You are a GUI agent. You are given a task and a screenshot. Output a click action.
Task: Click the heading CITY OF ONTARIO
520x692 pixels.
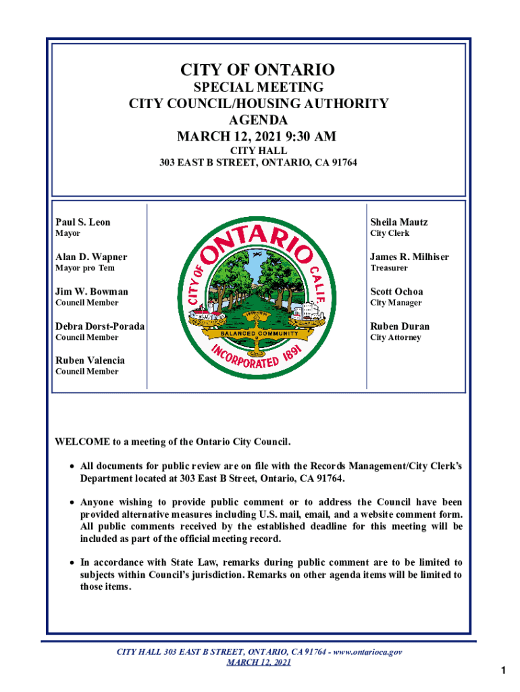click(x=257, y=70)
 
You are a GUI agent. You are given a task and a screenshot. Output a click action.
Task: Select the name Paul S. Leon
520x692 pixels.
click(x=82, y=222)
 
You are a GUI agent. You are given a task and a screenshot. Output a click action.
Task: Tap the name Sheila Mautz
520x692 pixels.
click(x=398, y=222)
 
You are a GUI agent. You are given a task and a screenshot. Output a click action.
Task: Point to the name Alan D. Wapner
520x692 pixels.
click(x=90, y=257)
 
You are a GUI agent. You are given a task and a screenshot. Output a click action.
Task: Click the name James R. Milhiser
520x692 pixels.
click(x=409, y=257)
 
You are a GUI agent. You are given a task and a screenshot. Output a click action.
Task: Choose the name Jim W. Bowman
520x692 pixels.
click(x=91, y=292)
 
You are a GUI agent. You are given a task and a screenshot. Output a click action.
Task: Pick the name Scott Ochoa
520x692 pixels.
click(x=396, y=292)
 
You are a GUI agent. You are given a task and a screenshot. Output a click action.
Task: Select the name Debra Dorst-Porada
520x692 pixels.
click(x=100, y=326)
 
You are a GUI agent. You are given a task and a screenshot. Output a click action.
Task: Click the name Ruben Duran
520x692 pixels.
click(x=400, y=326)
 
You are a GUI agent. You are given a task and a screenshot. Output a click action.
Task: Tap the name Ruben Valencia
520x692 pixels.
click(x=90, y=361)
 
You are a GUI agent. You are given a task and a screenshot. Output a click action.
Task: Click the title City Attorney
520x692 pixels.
click(x=395, y=337)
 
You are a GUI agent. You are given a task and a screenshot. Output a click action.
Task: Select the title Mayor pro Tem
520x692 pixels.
click(x=85, y=268)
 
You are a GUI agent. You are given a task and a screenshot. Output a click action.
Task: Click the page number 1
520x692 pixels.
click(x=504, y=670)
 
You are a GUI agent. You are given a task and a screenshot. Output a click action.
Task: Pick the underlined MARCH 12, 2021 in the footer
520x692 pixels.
click(x=259, y=662)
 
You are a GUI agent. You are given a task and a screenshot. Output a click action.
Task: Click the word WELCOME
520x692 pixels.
click(x=82, y=442)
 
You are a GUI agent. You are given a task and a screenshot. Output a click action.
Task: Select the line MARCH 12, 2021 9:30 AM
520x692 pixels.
click(x=257, y=137)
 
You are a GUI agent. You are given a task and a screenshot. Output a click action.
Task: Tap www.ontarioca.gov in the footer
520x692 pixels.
click(x=369, y=652)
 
